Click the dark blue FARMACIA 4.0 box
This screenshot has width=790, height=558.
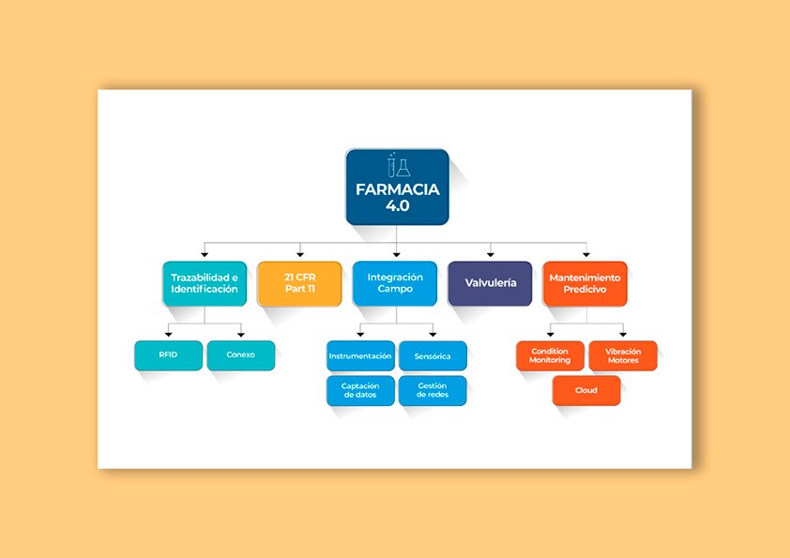(397, 188)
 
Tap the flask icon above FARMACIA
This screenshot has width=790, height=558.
(397, 165)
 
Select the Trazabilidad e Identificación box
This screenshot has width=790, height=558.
(205, 283)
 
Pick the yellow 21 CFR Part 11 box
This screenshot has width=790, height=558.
(299, 283)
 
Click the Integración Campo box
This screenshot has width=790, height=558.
(395, 283)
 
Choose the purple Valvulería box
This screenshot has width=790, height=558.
(490, 283)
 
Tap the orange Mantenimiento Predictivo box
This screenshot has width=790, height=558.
(585, 283)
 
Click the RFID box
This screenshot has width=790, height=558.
(169, 355)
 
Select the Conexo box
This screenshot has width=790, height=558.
(240, 355)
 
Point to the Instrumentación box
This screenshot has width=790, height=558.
(360, 356)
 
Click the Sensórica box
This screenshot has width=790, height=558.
(433, 356)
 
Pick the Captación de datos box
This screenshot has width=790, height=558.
(360, 390)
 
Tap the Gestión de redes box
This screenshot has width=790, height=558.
(433, 390)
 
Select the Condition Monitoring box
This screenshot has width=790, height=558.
(550, 356)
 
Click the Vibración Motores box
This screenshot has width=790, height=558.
(623, 356)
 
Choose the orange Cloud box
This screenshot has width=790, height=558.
(586, 390)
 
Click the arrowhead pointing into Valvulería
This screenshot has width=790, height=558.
(491, 253)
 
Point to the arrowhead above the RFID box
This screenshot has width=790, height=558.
(169, 334)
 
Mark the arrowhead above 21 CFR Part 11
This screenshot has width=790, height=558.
(300, 253)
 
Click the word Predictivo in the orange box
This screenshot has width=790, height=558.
(585, 290)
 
